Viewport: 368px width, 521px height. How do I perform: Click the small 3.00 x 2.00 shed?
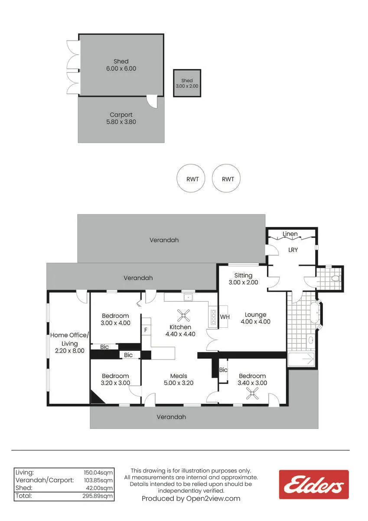point(187,83)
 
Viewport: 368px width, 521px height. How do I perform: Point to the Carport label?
point(121,115)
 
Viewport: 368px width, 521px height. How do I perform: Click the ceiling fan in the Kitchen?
point(183,315)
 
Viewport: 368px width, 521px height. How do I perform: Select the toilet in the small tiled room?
point(336,278)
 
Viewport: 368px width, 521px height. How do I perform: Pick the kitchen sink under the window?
point(188,297)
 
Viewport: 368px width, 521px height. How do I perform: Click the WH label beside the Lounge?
point(225,317)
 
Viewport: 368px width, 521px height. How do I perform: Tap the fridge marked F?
point(146,330)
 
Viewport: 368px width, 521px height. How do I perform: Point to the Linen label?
point(290,234)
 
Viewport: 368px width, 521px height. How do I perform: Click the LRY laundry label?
point(293,250)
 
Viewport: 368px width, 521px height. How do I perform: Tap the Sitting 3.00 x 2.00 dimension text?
point(243,282)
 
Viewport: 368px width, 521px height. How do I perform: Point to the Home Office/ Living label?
point(69,339)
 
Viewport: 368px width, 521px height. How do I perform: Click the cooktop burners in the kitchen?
point(213,317)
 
